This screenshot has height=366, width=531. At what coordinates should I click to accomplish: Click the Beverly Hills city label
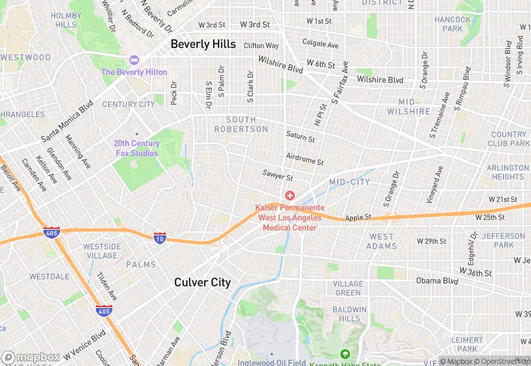pos(203,44)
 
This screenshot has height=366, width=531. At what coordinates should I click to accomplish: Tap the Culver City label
pos(202,282)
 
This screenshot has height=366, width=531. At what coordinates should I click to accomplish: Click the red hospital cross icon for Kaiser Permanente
pos(289,196)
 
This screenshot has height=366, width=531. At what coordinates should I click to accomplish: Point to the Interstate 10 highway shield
pos(160,237)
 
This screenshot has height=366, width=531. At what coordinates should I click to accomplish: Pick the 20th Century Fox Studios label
pos(137,148)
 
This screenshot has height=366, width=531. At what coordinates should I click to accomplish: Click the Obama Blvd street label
pos(437,281)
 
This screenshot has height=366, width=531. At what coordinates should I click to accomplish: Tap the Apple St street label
pos(358,217)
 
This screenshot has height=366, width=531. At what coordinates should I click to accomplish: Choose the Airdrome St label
pos(305,160)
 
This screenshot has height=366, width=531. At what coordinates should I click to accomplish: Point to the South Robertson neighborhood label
pos(241,124)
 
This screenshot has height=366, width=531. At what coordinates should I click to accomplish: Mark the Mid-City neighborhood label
pos(349,182)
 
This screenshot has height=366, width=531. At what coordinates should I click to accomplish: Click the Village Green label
pos(347,288)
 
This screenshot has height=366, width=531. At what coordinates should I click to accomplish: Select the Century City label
pos(129,104)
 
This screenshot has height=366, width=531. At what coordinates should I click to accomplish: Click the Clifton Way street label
pos(261,45)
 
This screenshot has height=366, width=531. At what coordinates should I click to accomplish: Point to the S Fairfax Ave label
pos(341,87)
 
